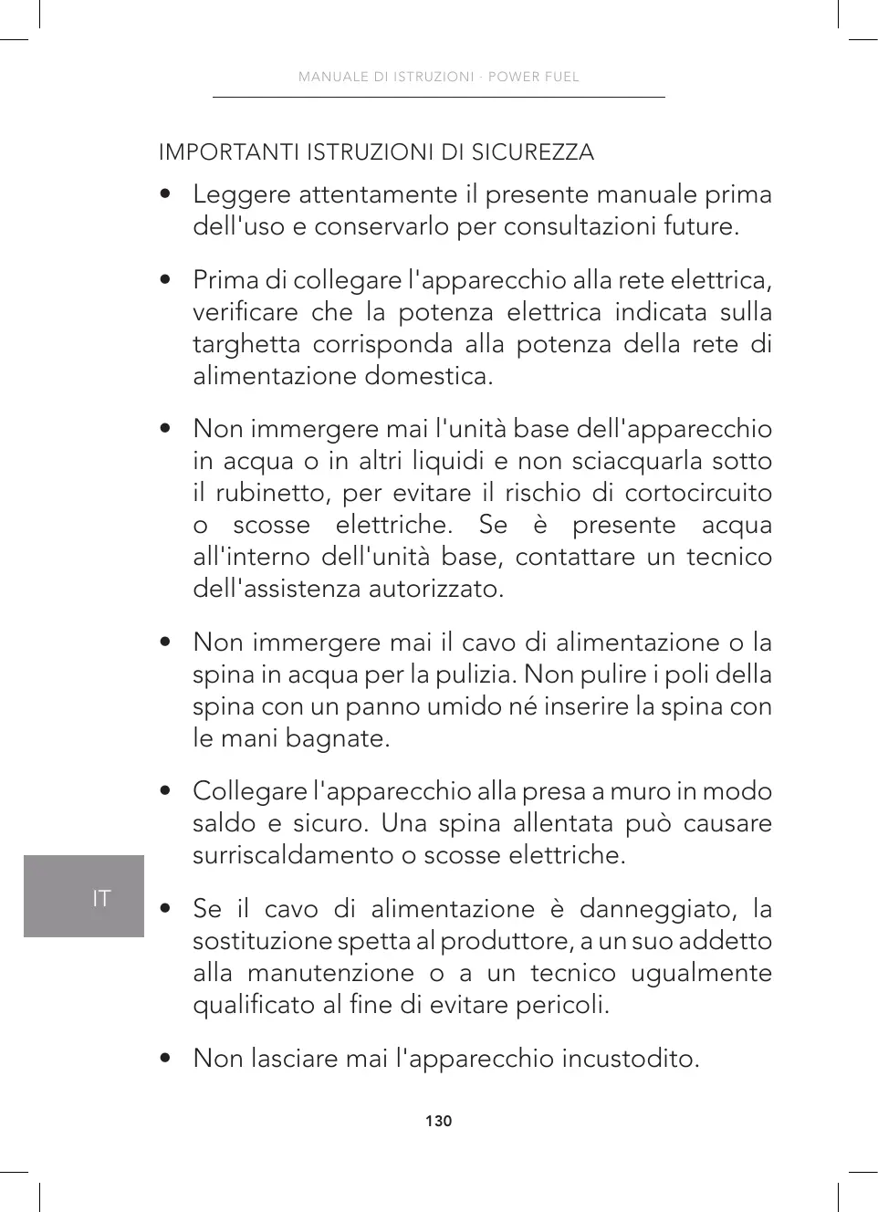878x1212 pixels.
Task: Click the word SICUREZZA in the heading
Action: (532, 152)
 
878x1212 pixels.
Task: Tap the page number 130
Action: (438, 1121)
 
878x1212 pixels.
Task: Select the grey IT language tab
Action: (84, 897)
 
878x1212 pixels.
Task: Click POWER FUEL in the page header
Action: (533, 77)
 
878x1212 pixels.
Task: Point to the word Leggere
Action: (242, 194)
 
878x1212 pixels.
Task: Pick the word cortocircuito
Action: (698, 493)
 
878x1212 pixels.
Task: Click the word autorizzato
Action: (436, 589)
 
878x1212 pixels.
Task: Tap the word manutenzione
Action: (330, 973)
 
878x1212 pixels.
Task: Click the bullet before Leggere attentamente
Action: (165, 194)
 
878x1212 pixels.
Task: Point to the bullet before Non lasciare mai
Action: (165, 1059)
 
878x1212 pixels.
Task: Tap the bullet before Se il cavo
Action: (165, 909)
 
